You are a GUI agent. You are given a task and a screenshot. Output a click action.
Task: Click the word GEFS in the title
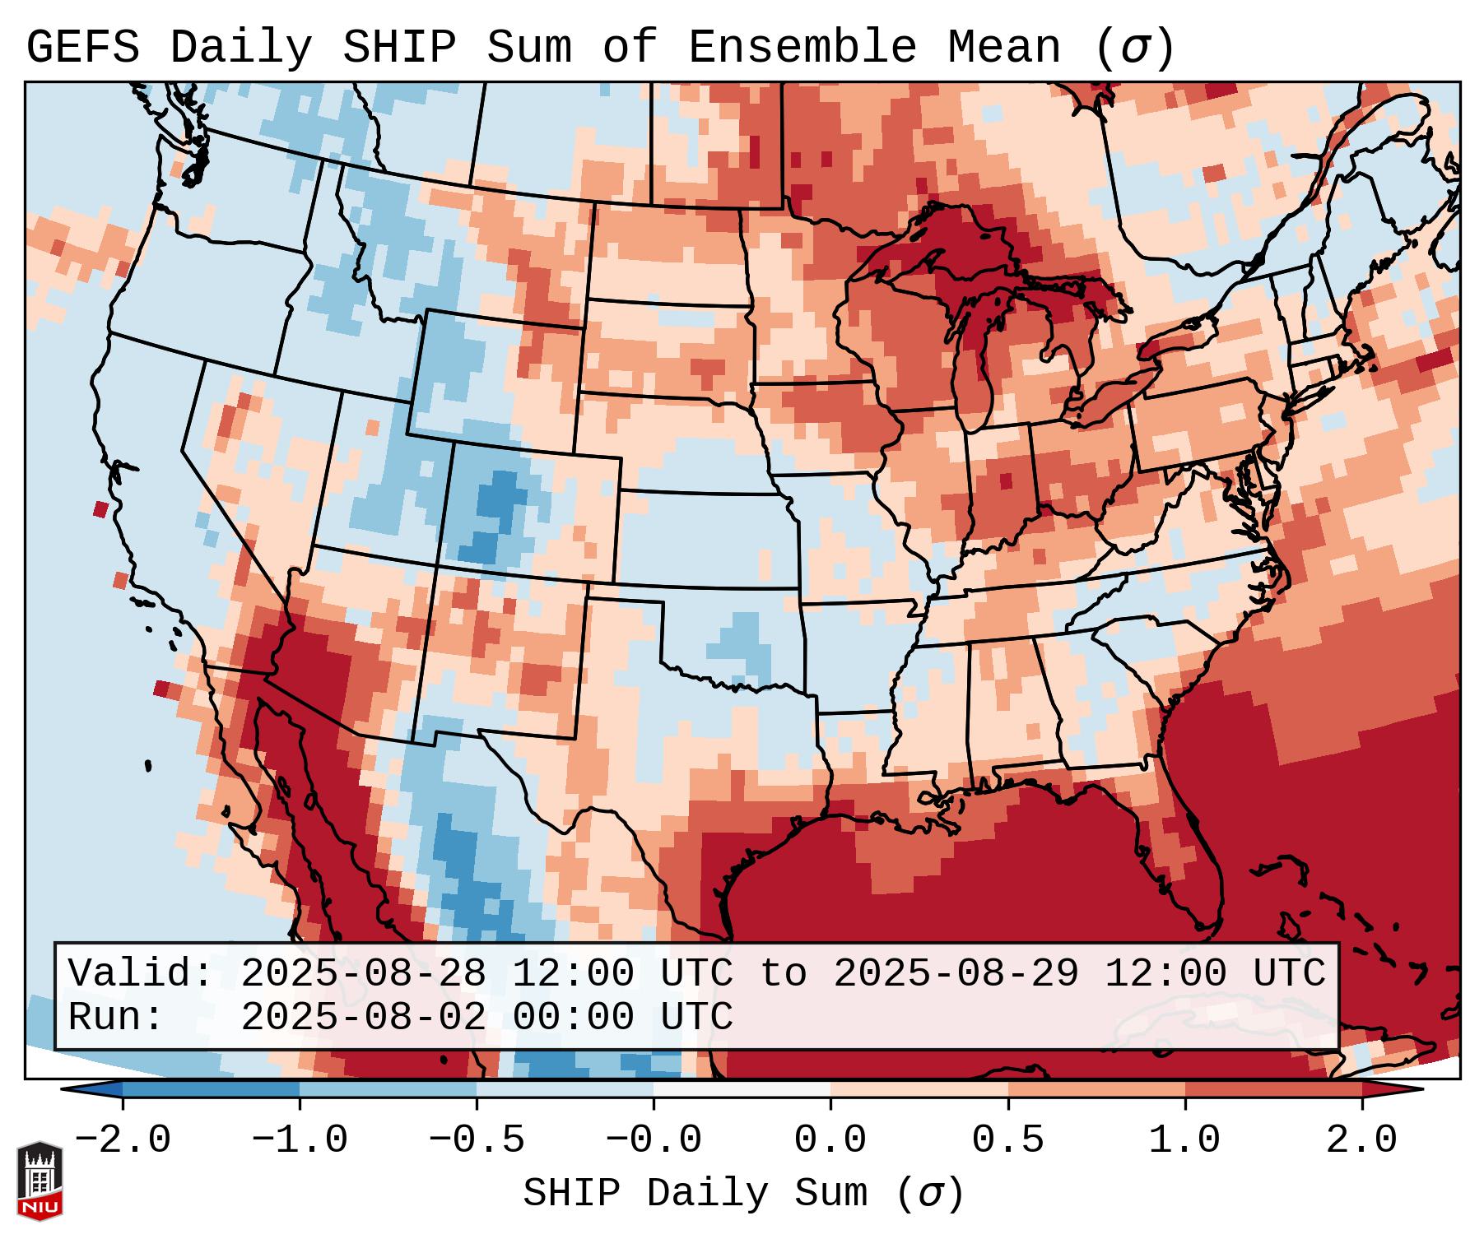point(82,49)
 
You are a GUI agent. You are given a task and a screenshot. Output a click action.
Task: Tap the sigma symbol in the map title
point(1133,49)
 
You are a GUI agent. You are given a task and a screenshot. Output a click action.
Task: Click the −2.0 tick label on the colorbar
point(123,1140)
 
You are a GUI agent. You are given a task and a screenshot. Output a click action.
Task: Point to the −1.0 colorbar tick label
point(300,1140)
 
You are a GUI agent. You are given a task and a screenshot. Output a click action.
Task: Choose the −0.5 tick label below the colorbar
point(477,1140)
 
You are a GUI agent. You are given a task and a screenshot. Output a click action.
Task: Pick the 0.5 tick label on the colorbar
point(1008,1140)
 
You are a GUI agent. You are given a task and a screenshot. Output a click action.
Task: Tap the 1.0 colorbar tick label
point(1185,1140)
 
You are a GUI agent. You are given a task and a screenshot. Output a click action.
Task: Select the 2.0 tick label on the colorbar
point(1362,1140)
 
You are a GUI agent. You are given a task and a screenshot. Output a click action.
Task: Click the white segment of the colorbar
point(742,1089)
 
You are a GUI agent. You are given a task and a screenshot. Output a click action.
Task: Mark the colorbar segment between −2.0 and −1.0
point(211,1089)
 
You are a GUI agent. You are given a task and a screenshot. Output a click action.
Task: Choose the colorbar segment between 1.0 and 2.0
point(1273,1089)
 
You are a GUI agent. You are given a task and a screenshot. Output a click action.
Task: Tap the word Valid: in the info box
point(141,973)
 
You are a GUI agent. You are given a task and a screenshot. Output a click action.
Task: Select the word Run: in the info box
point(116,1017)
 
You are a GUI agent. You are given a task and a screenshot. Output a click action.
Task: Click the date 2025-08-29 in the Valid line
point(956,973)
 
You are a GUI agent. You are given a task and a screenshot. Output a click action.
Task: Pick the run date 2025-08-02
point(363,1017)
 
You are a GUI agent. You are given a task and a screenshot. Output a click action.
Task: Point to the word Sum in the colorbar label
point(830,1194)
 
